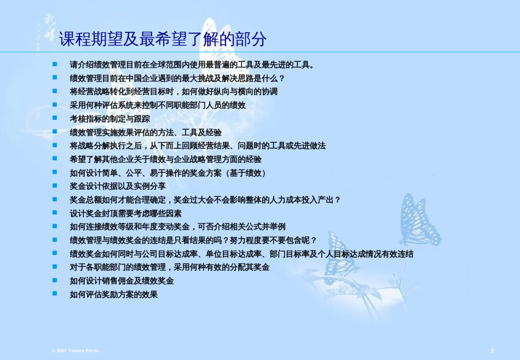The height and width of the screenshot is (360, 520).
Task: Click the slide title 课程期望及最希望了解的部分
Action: point(163,39)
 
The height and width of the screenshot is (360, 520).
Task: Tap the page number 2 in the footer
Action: point(493,351)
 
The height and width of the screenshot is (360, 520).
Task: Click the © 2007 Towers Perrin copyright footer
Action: point(76,351)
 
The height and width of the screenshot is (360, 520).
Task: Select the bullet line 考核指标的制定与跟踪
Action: point(110,119)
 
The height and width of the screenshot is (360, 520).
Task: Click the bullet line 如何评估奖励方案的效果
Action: point(114,294)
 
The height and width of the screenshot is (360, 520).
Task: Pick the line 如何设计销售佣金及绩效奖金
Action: point(122,281)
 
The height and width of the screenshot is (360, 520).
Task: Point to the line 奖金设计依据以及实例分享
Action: point(118,186)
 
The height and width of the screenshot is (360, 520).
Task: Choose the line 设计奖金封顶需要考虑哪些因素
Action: point(126,213)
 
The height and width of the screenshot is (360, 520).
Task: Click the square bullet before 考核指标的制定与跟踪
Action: point(55,118)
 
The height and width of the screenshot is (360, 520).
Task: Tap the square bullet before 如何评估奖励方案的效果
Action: point(55,293)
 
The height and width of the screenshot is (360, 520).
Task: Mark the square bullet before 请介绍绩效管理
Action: point(55,64)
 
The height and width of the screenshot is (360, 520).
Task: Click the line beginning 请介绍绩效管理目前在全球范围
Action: point(192,65)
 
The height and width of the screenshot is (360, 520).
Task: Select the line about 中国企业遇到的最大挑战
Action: point(177,78)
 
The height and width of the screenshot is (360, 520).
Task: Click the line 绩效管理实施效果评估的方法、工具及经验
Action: point(146,132)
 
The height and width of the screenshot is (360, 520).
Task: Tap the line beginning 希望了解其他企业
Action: point(165,159)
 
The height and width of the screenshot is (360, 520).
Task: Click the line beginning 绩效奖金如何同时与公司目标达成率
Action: point(241,254)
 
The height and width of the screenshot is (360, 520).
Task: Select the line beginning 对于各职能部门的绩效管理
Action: point(170,267)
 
